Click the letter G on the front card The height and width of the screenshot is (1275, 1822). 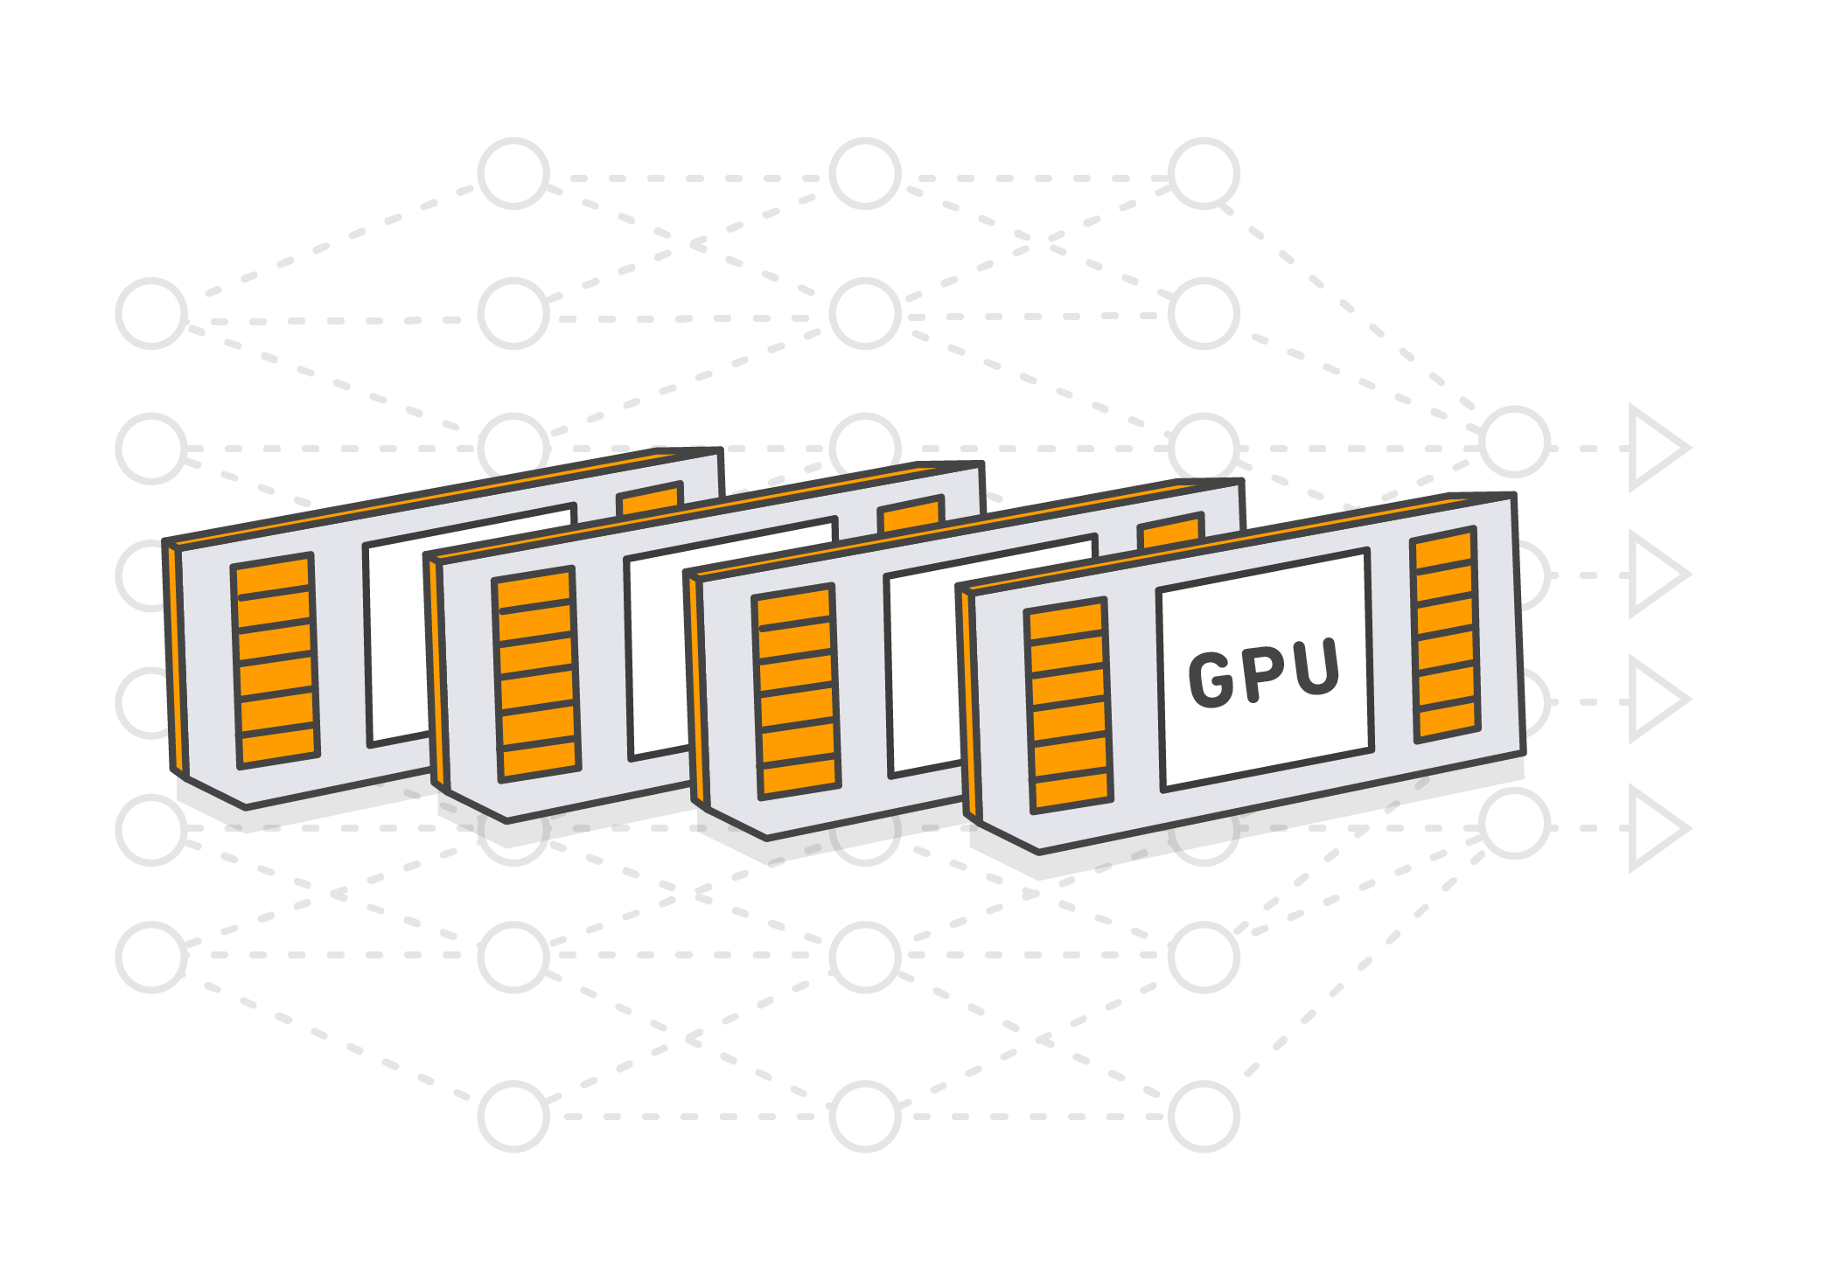coord(1210,679)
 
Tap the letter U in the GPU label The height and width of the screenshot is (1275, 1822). coord(1315,668)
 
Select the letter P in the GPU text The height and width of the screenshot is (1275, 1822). coord(1262,674)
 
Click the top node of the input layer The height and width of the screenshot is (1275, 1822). coord(151,313)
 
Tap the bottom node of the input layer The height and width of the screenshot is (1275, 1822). coord(151,957)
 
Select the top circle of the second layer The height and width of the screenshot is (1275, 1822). coord(513,173)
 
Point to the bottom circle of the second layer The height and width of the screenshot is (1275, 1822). coord(513,1116)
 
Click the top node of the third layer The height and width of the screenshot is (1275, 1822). coord(865,173)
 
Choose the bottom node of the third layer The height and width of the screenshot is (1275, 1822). coord(865,1116)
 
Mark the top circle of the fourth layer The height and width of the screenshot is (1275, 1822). coord(1204,173)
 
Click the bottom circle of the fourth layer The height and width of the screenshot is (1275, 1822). coord(1204,1116)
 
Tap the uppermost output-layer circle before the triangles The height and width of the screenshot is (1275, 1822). coord(1515,442)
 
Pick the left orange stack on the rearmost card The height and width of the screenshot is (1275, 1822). coord(275,661)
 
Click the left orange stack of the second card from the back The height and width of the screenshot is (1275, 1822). coord(536,674)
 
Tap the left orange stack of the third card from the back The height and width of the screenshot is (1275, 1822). coord(796,692)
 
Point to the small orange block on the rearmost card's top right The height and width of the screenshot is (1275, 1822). coord(649,500)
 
